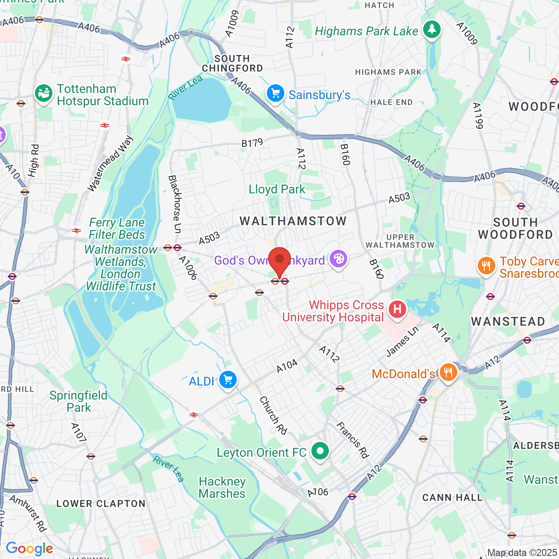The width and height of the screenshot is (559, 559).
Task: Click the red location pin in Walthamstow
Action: [x=279, y=260]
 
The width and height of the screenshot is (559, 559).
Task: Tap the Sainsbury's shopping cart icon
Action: [x=276, y=93]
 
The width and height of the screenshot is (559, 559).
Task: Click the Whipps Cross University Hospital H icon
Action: [x=397, y=310]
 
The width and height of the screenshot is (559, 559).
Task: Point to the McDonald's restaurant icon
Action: [x=448, y=373]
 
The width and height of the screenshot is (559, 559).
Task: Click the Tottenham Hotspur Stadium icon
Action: [x=44, y=94]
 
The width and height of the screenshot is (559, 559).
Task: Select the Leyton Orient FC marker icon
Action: [x=320, y=451]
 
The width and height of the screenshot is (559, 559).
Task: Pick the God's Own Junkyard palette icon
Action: [x=338, y=259]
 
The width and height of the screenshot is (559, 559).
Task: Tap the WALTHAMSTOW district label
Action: [x=293, y=221]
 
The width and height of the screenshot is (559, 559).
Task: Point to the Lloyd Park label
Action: [x=277, y=190]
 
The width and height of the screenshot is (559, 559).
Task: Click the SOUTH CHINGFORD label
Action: [x=232, y=63]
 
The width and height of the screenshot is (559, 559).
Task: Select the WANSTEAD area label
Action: [x=508, y=322]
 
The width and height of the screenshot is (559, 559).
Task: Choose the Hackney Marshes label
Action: [x=222, y=487]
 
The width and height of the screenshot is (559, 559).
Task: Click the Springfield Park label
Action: [x=79, y=401]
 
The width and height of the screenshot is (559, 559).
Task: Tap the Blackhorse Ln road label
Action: [x=175, y=204]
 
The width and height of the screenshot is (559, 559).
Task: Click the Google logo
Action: [x=29, y=549]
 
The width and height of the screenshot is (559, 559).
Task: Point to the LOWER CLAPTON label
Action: [x=101, y=504]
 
